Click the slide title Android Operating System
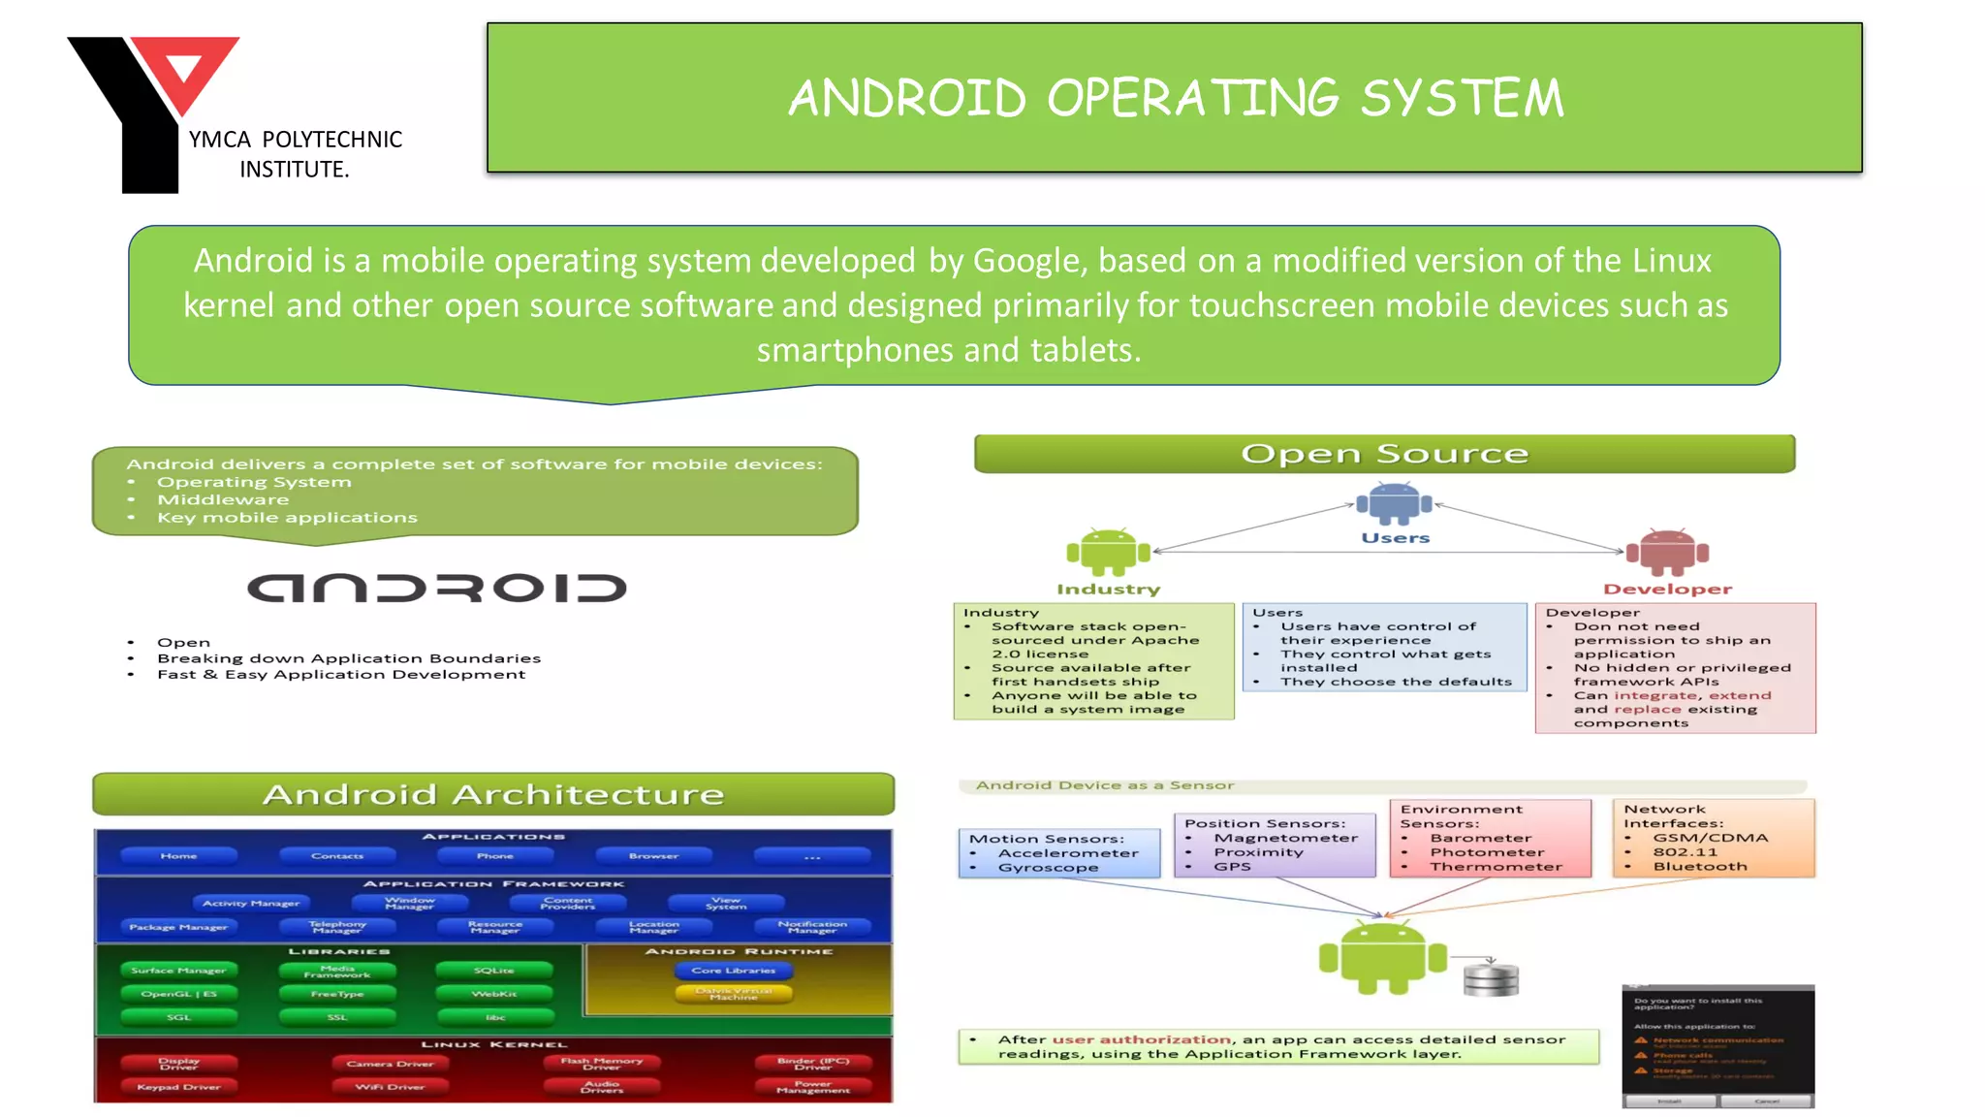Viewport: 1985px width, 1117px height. [1175, 98]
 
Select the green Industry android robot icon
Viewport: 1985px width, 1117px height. [1108, 553]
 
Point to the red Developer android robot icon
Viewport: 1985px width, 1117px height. [1667, 553]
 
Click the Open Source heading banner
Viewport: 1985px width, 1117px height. [1384, 454]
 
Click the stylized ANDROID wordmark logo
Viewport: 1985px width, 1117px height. [437, 588]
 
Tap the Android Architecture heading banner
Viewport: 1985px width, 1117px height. [493, 794]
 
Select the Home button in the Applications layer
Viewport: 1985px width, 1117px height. [178, 856]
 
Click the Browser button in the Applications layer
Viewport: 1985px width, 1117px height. [653, 856]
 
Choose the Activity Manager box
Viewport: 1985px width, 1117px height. [251, 904]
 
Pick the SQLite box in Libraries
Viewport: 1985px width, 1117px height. [494, 971]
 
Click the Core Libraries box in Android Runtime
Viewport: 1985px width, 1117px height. [734, 971]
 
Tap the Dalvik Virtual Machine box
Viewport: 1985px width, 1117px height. [734, 994]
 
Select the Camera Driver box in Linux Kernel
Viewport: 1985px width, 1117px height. [390, 1064]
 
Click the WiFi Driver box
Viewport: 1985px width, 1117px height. [390, 1087]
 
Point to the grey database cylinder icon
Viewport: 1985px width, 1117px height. [1491, 978]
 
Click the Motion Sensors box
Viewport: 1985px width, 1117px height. [1058, 853]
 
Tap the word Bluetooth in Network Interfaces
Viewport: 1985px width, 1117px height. [1700, 867]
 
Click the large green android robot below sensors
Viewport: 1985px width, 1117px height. [1382, 958]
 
